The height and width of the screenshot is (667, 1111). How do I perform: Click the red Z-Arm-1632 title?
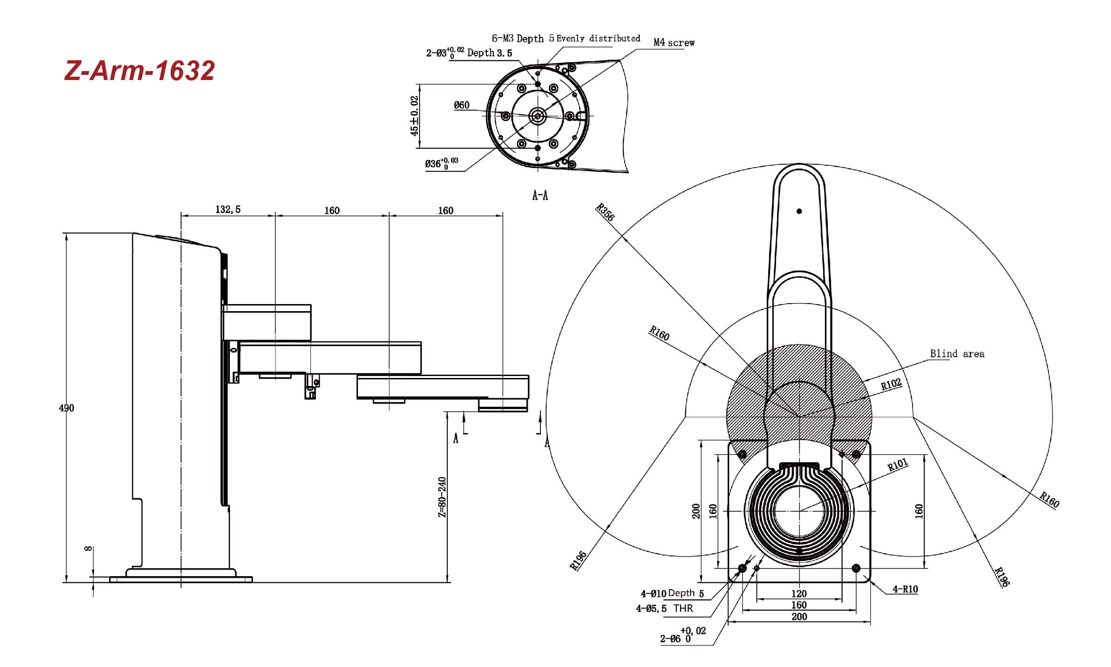(x=139, y=71)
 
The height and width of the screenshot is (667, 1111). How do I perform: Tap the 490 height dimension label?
(x=66, y=408)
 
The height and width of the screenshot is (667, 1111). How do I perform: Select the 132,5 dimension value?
(x=228, y=209)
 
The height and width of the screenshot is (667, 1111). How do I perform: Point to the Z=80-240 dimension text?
(x=442, y=497)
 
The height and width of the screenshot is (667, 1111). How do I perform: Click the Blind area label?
(x=957, y=354)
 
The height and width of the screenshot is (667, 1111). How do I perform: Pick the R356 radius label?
(x=605, y=212)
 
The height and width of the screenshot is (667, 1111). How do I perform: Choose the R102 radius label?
(x=891, y=384)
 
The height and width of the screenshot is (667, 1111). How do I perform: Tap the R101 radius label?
(x=897, y=465)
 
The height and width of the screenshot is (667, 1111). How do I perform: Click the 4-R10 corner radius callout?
(x=905, y=589)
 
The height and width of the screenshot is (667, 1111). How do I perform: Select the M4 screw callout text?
(x=674, y=42)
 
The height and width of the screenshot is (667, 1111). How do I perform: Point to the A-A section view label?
(x=540, y=195)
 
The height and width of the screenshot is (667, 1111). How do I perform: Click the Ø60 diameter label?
(x=461, y=105)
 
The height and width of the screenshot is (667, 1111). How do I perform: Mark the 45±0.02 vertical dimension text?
(x=414, y=116)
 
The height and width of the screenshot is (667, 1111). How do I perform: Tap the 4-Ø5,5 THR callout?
(x=665, y=608)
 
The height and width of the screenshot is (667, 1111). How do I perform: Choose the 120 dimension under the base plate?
(x=799, y=594)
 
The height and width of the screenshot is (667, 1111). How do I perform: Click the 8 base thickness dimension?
(x=88, y=548)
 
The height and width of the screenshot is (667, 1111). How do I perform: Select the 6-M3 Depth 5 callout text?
(x=523, y=38)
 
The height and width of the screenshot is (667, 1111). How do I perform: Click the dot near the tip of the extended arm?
(x=799, y=211)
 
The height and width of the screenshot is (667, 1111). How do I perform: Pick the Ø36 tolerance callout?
(x=441, y=163)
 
